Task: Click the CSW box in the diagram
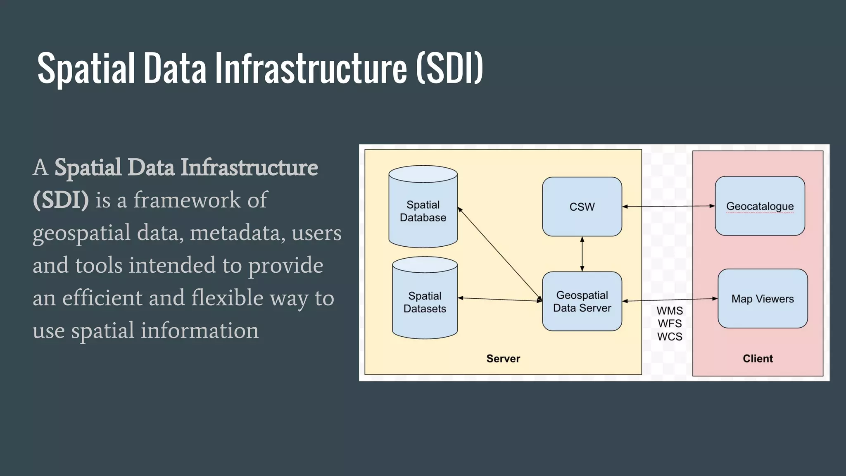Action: [582, 207]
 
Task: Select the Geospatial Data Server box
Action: [582, 301]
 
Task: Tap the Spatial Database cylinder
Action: [423, 211]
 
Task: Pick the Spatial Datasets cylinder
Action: [425, 302]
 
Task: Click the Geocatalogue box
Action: [760, 206]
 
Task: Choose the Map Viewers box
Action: [763, 299]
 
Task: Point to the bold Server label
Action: [503, 358]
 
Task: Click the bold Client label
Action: [758, 358]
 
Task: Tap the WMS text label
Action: [670, 310]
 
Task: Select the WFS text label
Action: [670, 324]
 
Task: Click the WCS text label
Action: [670, 337]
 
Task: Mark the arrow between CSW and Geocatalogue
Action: [668, 206]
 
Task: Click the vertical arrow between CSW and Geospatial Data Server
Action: [582, 254]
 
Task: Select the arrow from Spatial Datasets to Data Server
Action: [500, 299]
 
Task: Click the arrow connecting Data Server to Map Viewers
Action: [670, 300]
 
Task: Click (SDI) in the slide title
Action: [449, 68]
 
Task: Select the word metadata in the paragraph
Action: [238, 233]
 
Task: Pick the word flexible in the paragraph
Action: [227, 297]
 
